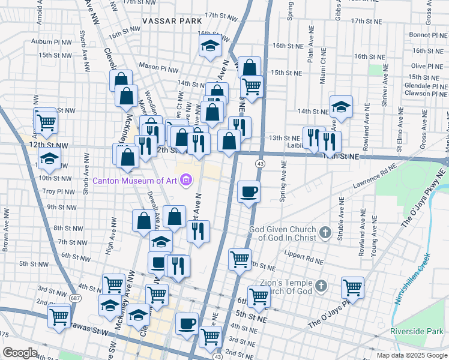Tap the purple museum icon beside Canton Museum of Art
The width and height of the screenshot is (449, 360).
pyautogui.click(x=187, y=179)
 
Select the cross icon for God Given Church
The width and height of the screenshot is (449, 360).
pyautogui.click(x=325, y=232)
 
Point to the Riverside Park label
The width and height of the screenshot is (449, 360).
pyautogui.click(x=415, y=331)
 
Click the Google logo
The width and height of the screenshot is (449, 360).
pyautogui.click(x=20, y=353)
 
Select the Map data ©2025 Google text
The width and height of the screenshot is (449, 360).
pyautogui.click(x=412, y=355)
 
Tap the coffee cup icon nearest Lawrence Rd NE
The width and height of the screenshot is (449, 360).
pyautogui.click(x=249, y=192)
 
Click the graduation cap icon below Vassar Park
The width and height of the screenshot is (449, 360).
pyautogui.click(x=210, y=45)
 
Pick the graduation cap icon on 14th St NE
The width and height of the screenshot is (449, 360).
pyautogui.click(x=341, y=107)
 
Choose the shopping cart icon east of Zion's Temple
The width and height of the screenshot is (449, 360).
pyautogui.click(x=352, y=287)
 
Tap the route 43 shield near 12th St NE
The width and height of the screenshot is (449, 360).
pyautogui.click(x=260, y=163)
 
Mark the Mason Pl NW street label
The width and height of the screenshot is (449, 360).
pyautogui.click(x=158, y=66)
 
